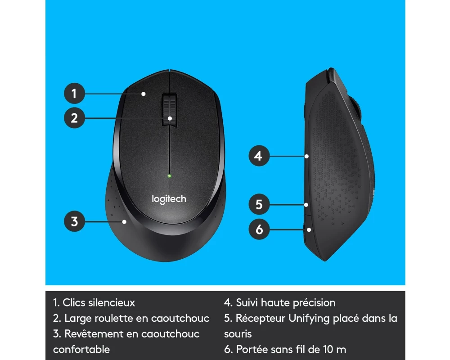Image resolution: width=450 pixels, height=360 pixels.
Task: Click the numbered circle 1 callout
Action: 74,93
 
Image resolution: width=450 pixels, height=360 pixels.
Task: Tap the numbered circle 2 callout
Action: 74,118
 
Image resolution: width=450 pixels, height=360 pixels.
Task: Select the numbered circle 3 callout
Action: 74,221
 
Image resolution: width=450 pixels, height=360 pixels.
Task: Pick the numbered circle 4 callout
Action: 259,156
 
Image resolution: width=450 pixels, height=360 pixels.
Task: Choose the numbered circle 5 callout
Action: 259,204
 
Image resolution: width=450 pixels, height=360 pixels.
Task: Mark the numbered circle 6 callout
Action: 259,229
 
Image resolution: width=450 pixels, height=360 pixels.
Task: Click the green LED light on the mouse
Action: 169,175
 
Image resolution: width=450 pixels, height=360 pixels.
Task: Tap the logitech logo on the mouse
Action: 169,199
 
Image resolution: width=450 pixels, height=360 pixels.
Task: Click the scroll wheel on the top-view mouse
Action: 169,109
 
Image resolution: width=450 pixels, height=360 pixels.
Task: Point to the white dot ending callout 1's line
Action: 144,94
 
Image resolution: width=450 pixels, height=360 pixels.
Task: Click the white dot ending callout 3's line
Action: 124,222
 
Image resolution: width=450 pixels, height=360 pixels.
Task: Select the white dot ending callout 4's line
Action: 307,157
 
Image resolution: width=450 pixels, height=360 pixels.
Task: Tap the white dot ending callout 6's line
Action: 309,229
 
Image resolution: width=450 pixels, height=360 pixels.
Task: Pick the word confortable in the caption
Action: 81,349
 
